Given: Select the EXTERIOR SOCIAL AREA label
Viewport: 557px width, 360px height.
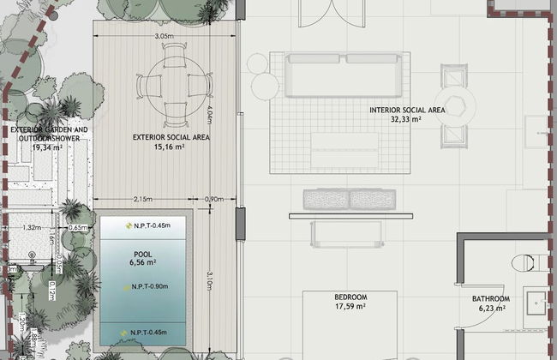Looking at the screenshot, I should pyautogui.click(x=171, y=136).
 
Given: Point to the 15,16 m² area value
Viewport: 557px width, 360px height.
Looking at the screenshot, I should pyautogui.click(x=171, y=147).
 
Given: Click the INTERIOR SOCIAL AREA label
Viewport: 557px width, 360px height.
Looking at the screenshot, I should pyautogui.click(x=407, y=111).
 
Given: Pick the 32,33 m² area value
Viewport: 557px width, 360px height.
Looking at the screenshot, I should pyautogui.click(x=407, y=120).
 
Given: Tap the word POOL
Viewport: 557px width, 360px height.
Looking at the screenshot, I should pyautogui.click(x=143, y=254).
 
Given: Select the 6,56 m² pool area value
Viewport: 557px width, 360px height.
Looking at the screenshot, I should pyautogui.click(x=143, y=263).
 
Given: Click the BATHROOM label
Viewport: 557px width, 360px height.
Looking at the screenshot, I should pyautogui.click(x=489, y=299).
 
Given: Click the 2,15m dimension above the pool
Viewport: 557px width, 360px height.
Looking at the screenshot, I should pyautogui.click(x=143, y=200).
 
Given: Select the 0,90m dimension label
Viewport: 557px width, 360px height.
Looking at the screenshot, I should pyautogui.click(x=214, y=200).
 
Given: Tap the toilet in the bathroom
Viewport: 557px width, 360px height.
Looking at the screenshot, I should pyautogui.click(x=522, y=261).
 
